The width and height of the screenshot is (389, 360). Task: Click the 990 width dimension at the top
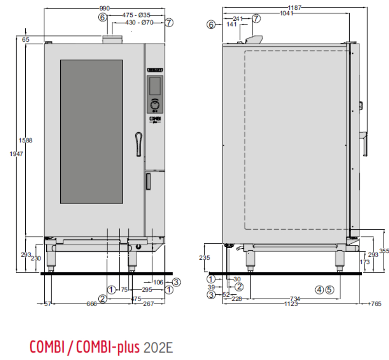click(x=105, y=8)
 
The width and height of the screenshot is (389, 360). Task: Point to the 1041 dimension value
click(x=287, y=14)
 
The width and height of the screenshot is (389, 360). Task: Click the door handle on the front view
click(x=139, y=141)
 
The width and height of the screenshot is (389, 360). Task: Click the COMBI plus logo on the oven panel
click(x=155, y=119)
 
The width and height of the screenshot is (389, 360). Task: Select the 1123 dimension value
click(x=292, y=304)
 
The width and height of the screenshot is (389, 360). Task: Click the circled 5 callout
click(x=330, y=290)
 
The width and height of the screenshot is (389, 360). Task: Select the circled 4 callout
click(x=319, y=290)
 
